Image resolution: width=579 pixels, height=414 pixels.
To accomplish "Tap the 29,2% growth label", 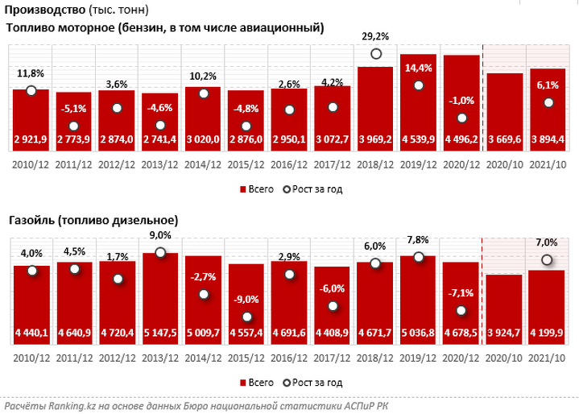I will (375, 36).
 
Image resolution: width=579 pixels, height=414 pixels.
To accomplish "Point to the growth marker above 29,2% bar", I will (375, 54).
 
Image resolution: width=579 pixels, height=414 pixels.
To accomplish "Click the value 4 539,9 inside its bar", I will (418, 139).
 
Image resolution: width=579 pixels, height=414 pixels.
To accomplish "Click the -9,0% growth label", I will (246, 299).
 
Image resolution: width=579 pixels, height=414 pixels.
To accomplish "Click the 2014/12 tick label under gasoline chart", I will (203, 164).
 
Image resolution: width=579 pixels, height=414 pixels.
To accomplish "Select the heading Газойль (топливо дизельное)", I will (93, 219).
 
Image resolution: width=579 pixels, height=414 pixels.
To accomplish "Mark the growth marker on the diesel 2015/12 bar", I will (246, 317).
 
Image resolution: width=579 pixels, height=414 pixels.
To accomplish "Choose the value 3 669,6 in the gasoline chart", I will (505, 139).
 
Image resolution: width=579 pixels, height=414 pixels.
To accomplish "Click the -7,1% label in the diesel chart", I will (461, 293).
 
